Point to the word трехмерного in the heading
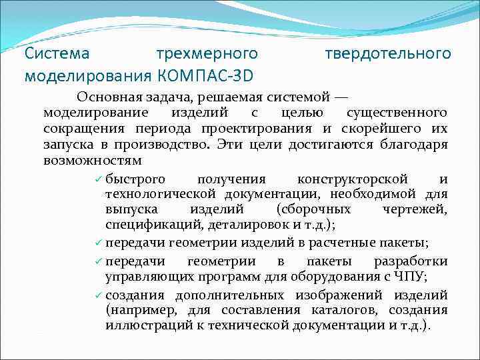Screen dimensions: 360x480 click(206, 53)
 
